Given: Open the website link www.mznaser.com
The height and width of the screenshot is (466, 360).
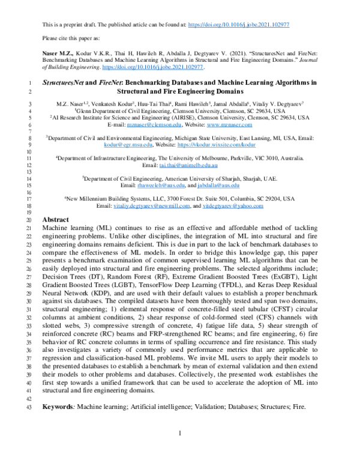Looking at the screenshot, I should point(233,126).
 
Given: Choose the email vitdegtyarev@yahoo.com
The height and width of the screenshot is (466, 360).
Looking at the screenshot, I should point(232,206).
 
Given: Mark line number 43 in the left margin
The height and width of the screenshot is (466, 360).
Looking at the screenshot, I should point(29,407).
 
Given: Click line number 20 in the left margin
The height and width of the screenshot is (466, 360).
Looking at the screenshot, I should point(29,220).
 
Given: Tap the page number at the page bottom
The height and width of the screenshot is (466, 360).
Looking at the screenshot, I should point(179,434).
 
